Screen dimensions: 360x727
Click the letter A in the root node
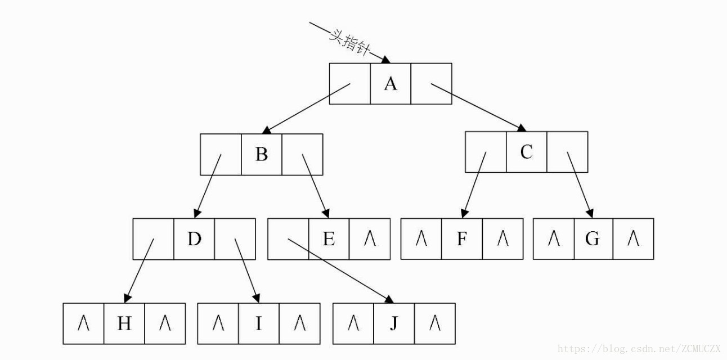(391, 84)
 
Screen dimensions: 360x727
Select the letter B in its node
(262, 154)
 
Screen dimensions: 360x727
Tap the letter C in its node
(526, 152)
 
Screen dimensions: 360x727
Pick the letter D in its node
(194, 239)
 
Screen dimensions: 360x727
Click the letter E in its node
(329, 239)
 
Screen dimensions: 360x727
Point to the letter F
(462, 239)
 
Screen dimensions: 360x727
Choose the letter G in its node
(593, 239)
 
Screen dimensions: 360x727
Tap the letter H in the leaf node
(124, 323)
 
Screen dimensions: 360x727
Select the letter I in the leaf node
(259, 323)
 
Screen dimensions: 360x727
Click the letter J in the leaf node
(394, 323)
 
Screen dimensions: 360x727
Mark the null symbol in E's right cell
(370, 239)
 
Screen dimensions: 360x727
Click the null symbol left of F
(421, 239)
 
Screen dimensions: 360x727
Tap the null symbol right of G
(634, 239)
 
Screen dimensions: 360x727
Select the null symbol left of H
(84, 323)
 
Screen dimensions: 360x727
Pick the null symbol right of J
(435, 323)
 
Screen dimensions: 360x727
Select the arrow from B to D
(208, 186)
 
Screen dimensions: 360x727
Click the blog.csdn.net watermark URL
(638, 349)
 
